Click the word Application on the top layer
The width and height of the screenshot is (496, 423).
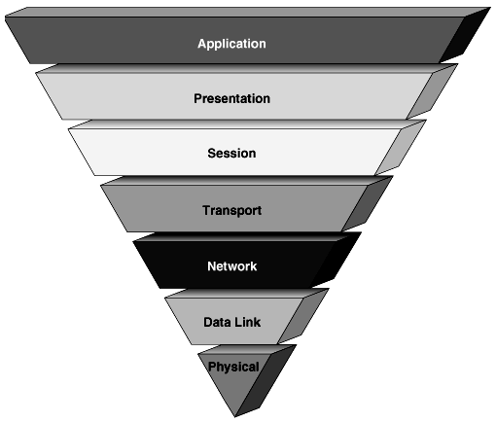(x=231, y=44)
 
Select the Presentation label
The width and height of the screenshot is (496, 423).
(x=231, y=98)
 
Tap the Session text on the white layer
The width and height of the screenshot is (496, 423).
(x=231, y=154)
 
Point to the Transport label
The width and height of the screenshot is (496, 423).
(x=231, y=210)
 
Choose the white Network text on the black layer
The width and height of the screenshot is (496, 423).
(x=231, y=265)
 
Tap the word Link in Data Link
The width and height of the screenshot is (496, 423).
(x=247, y=321)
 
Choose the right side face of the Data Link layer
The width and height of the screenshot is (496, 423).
(x=310, y=316)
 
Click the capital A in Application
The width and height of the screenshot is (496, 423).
(x=201, y=44)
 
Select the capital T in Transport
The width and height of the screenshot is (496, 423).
(x=205, y=210)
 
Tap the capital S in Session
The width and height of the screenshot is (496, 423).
(x=211, y=154)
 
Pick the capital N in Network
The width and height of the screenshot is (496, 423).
(x=210, y=265)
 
